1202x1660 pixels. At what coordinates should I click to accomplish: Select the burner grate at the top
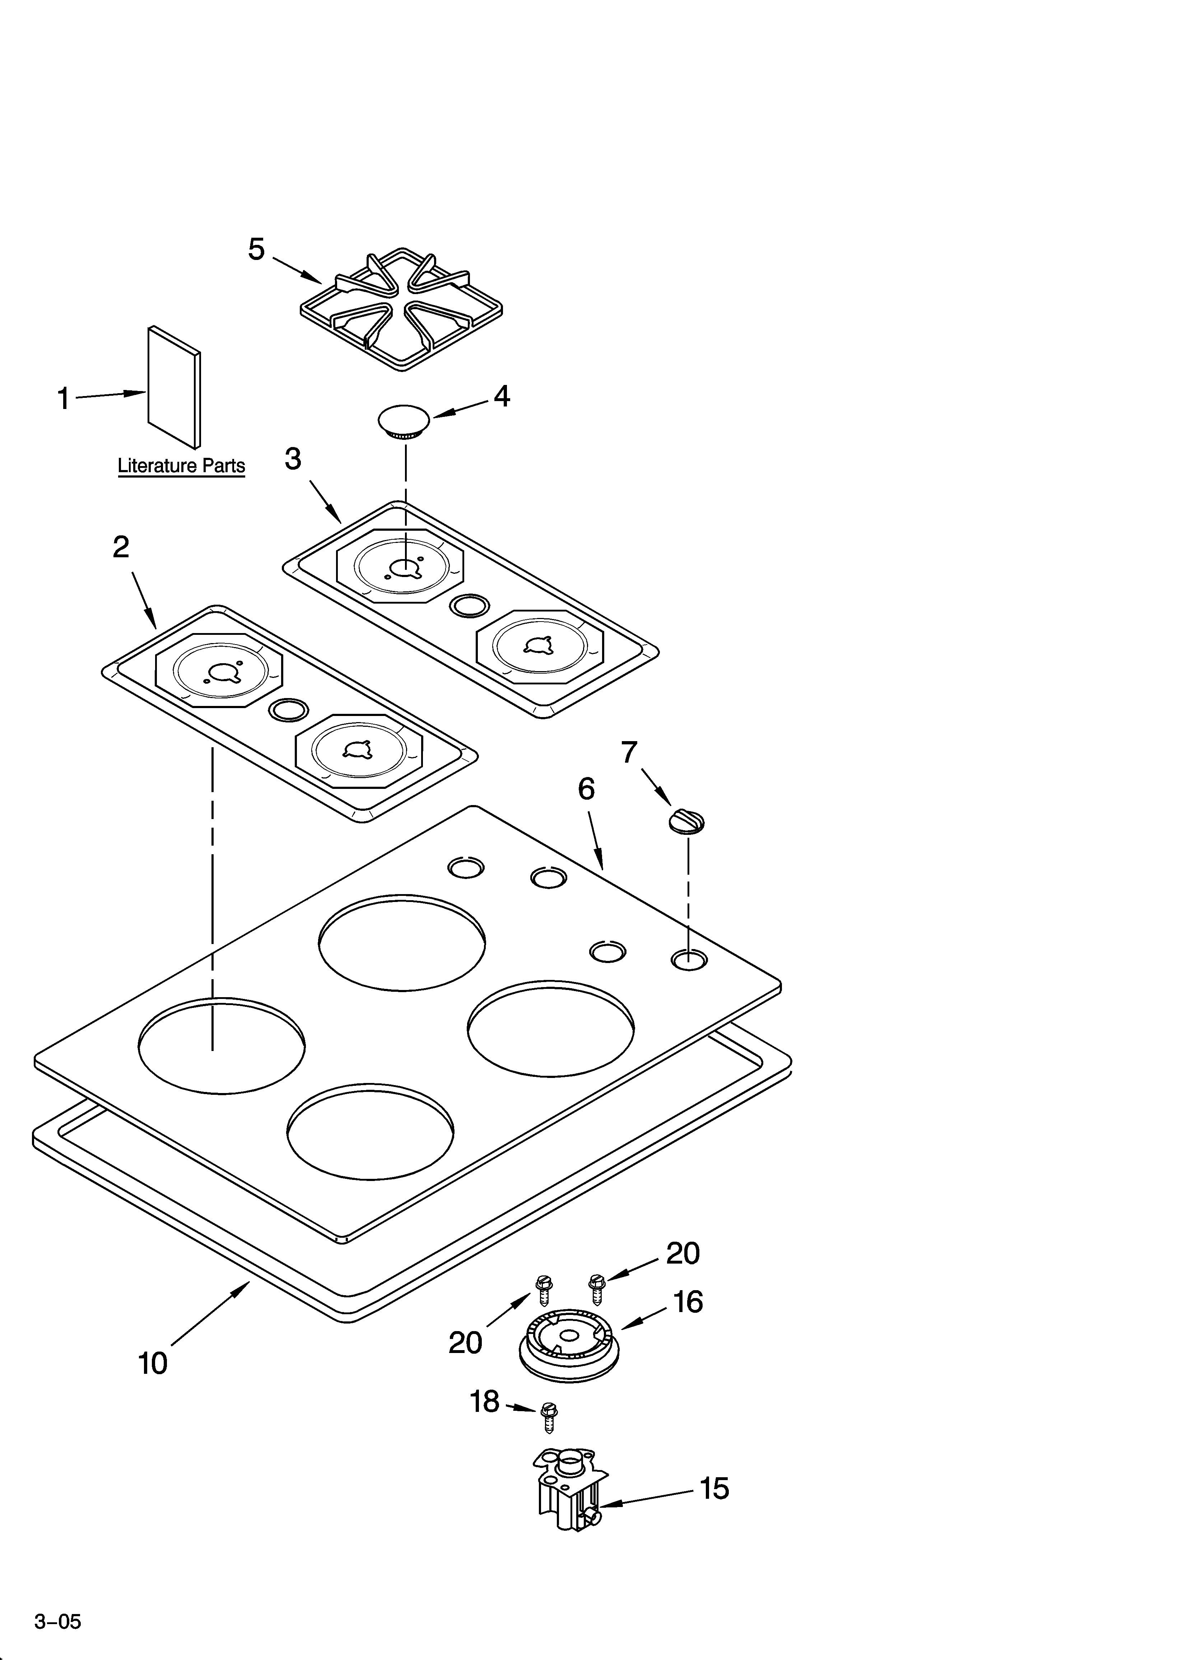point(401,310)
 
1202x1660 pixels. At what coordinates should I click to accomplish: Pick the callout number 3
point(293,459)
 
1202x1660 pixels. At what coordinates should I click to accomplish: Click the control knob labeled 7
point(687,821)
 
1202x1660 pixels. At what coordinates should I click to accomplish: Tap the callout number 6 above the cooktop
point(586,789)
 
